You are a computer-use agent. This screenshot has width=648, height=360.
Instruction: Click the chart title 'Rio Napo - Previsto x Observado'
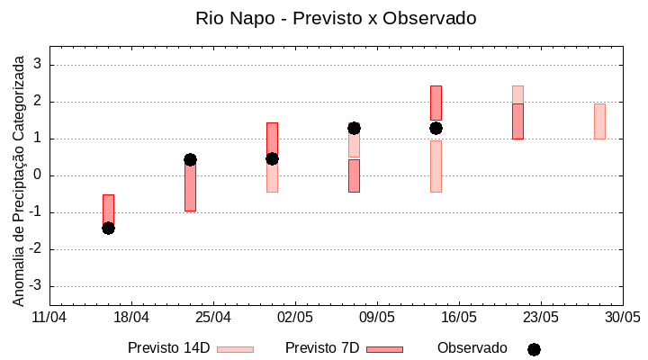336,18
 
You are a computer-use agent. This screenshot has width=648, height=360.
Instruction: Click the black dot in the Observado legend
534,349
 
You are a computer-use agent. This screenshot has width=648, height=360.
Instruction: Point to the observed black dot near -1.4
108,228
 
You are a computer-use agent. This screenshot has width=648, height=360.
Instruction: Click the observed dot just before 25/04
190,159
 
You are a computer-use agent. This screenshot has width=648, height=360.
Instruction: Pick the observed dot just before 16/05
436,128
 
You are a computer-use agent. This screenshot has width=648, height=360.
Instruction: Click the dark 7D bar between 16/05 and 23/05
517,121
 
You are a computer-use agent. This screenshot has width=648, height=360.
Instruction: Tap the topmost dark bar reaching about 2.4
436,102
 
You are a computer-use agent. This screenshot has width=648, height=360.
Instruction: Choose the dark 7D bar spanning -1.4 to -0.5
108,210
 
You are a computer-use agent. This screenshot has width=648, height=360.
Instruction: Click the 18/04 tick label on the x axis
130,318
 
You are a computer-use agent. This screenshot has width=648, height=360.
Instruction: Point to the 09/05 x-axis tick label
377,318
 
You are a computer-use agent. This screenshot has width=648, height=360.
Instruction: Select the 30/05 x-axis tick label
622,318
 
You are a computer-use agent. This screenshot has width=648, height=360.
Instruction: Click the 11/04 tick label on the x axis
49,318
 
